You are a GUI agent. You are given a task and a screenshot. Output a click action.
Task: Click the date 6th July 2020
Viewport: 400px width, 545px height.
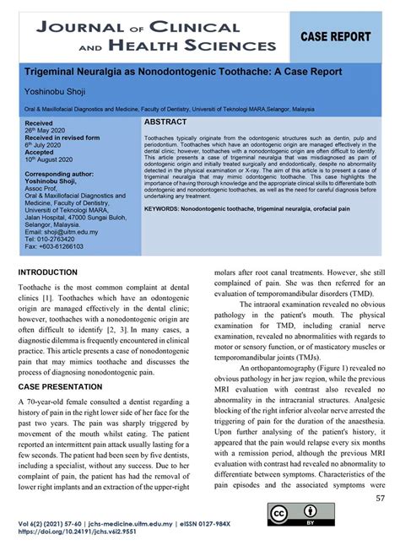tap(46, 145)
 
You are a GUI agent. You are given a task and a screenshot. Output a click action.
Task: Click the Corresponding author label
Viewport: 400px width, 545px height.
tap(58, 174)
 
